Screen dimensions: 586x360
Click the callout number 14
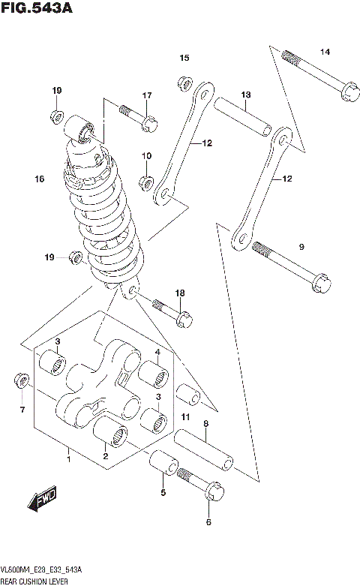325,52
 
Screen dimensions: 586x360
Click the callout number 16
40,179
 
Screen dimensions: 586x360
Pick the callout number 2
106,455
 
